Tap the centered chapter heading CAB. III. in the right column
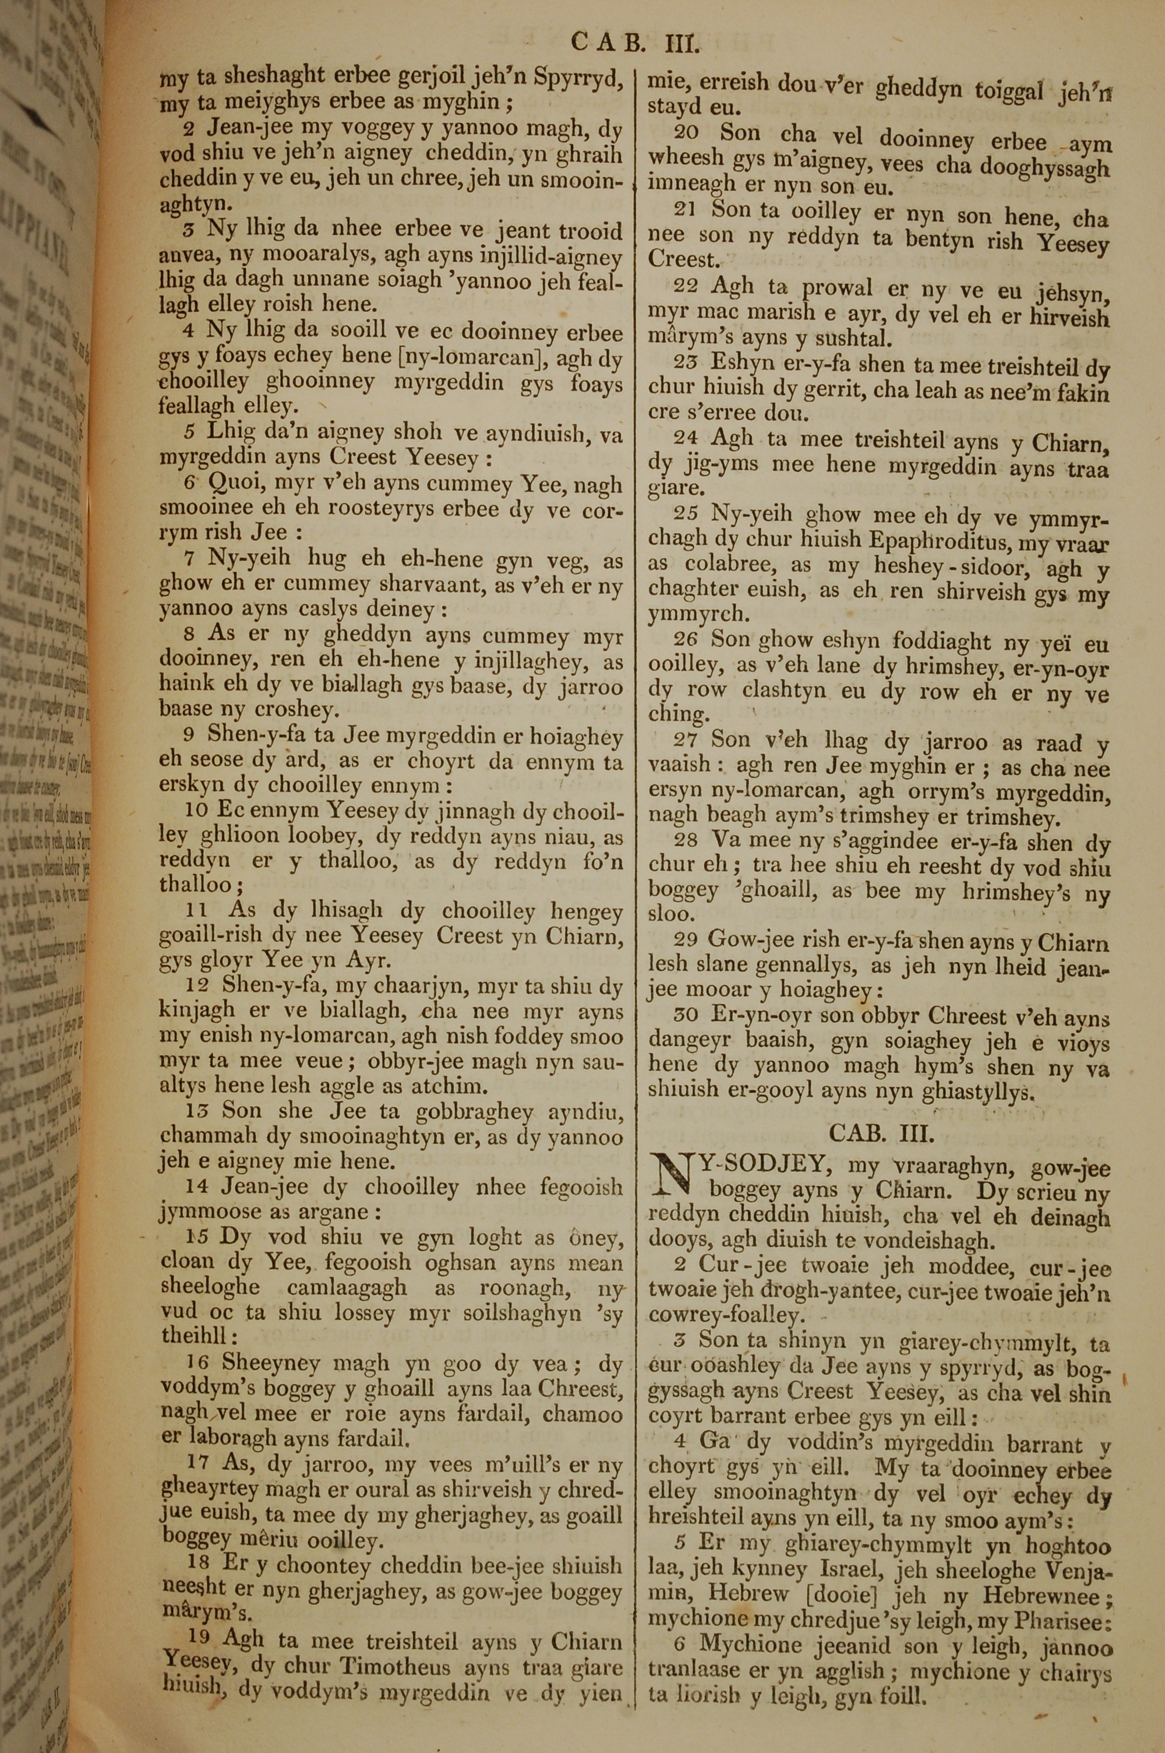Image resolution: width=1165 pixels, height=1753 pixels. click(x=880, y=1135)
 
